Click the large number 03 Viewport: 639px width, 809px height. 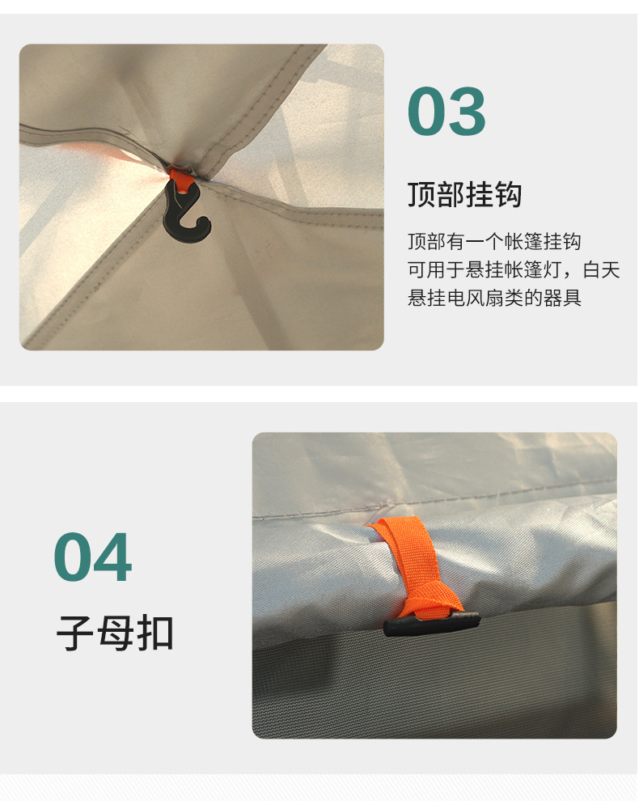tap(446, 112)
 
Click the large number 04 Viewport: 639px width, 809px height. tap(93, 558)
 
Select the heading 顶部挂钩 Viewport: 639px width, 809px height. tap(464, 195)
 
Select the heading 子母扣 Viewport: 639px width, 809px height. tap(115, 633)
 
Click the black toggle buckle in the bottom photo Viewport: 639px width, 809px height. tap(431, 624)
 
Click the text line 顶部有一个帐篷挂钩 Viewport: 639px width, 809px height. tap(493, 242)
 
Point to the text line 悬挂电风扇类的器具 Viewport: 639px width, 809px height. tap(493, 298)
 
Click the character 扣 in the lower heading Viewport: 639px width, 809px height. tap(155, 633)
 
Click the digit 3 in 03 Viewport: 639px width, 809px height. tap(468, 112)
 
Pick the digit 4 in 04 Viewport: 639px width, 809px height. tap(113, 558)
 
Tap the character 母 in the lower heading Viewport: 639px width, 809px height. tap(115, 633)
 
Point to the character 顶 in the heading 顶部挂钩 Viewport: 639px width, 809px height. tap(421, 195)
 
